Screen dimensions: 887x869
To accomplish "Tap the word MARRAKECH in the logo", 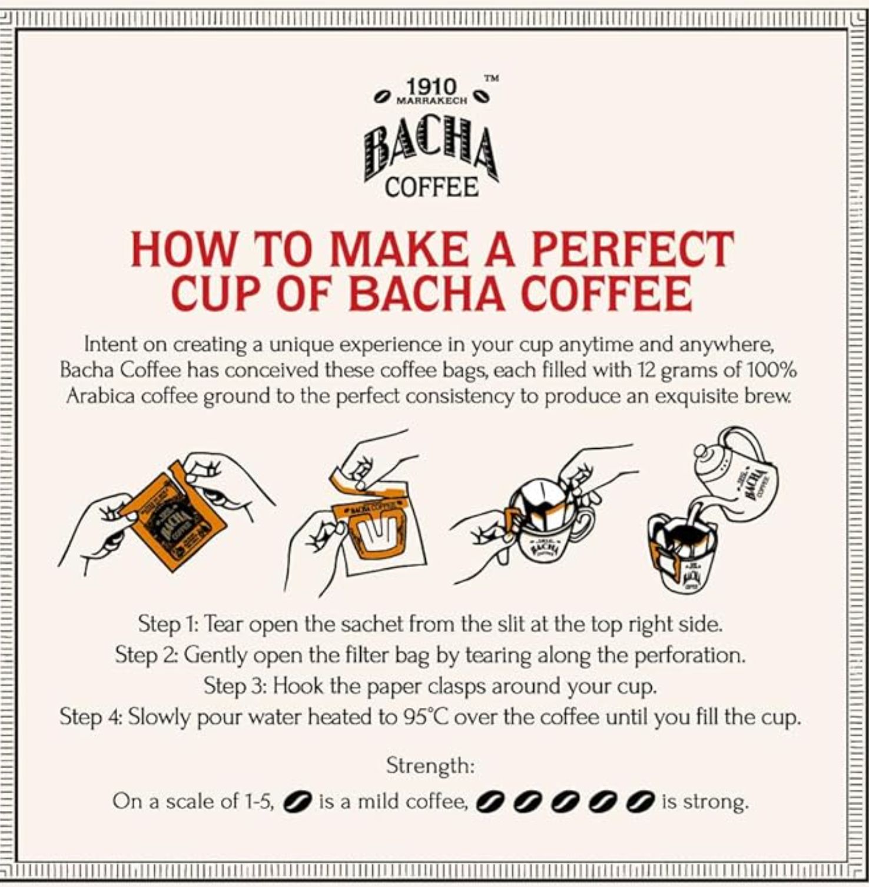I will coord(433,101).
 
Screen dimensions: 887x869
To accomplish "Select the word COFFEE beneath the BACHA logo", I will coord(431,188).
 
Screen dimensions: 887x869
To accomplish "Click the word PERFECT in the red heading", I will coord(633,249).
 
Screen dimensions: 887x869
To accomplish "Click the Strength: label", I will coord(430,766).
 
